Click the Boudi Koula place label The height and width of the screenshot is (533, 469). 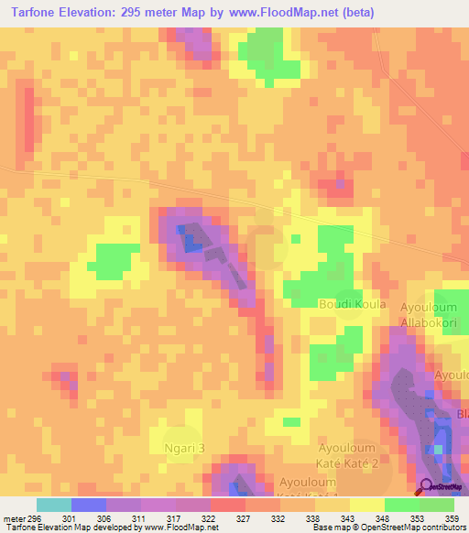352,304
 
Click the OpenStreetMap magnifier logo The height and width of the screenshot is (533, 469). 426,486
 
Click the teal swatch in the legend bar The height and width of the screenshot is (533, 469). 54,505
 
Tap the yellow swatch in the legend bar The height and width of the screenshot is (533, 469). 367,505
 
